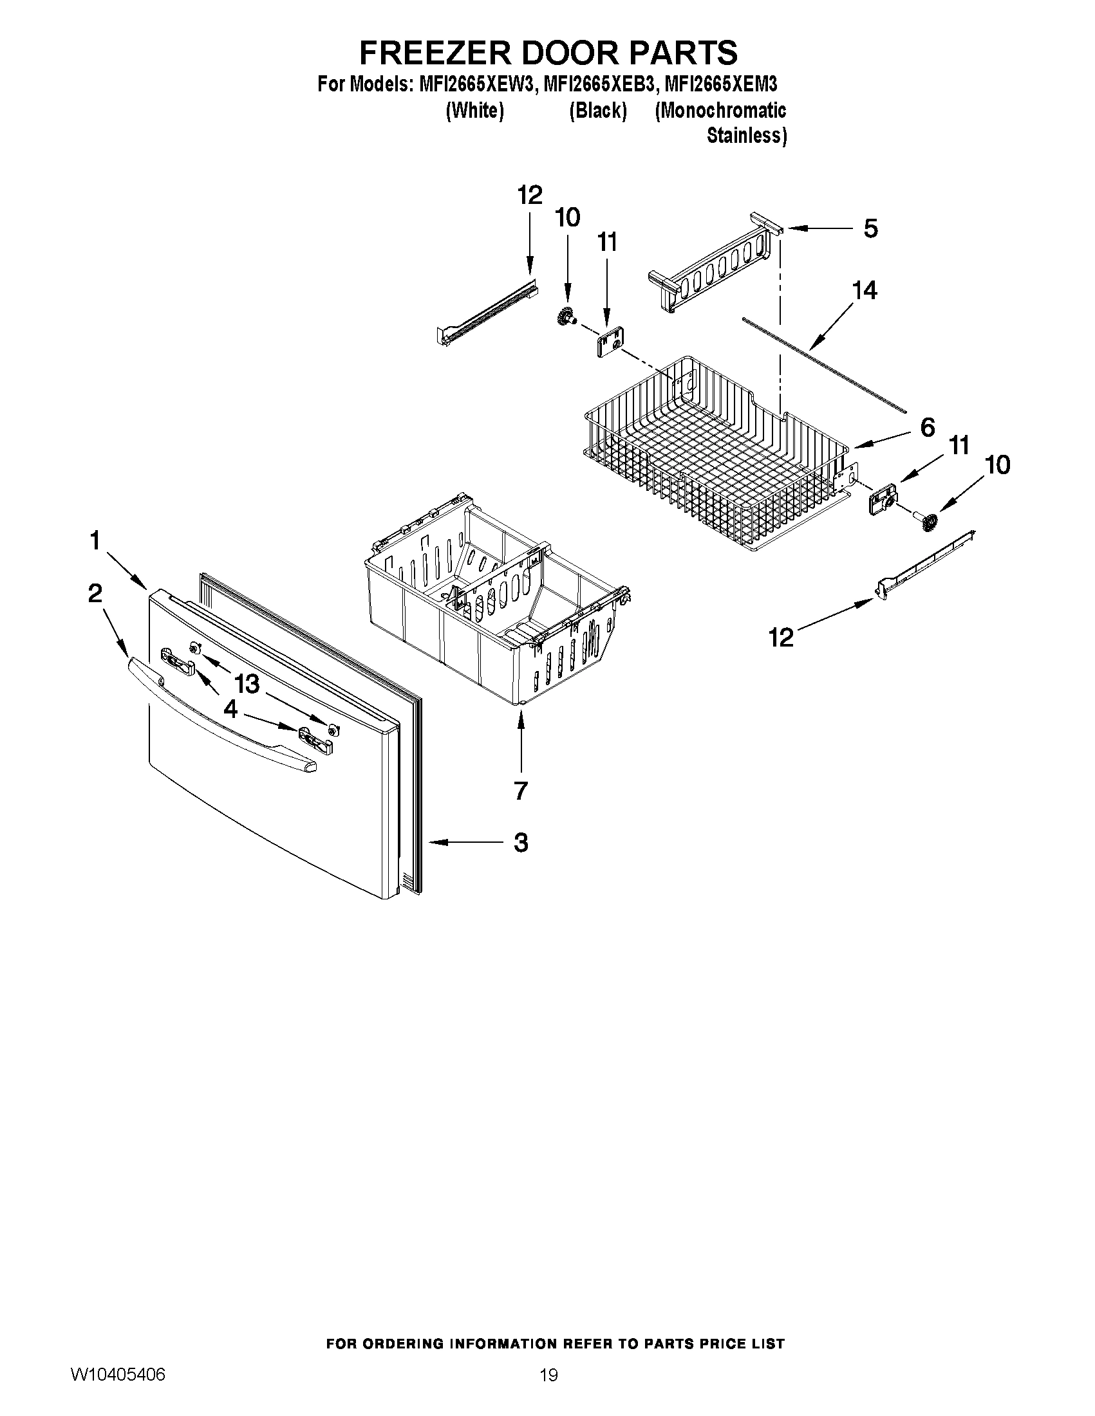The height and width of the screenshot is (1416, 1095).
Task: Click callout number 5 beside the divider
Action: (x=870, y=228)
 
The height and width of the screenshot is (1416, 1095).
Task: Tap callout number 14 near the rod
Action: (x=865, y=290)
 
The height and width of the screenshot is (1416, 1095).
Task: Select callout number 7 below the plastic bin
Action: (x=520, y=790)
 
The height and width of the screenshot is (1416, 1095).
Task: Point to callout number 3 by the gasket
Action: (x=520, y=842)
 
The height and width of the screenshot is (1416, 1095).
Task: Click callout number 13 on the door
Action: (x=247, y=683)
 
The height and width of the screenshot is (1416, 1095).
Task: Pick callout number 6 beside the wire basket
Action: (x=928, y=427)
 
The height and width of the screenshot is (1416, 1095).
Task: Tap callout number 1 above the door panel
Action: (x=95, y=540)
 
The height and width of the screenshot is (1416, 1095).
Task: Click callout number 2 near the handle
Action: (x=95, y=593)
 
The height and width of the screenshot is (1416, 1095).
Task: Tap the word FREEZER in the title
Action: (x=434, y=53)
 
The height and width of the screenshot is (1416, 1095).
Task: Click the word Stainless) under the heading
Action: (x=746, y=136)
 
